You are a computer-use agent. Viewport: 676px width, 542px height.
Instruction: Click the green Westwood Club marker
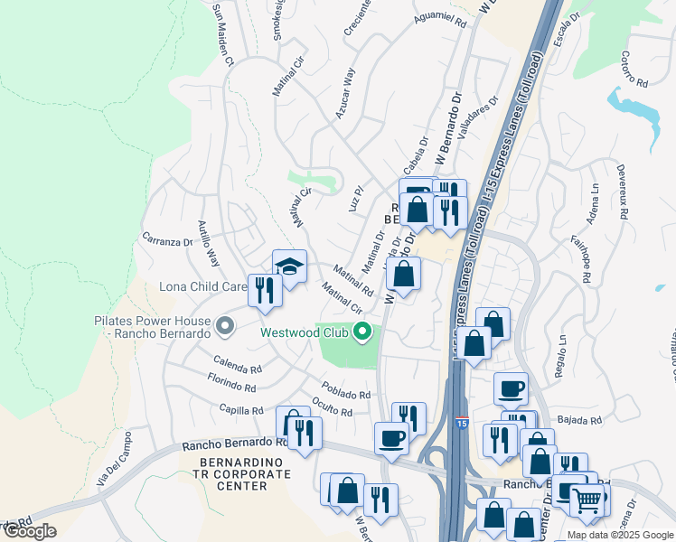363,332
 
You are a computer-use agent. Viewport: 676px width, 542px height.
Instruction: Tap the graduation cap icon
289,266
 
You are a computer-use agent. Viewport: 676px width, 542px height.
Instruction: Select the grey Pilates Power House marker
222,322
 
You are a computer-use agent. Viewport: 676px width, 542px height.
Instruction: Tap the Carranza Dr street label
167,242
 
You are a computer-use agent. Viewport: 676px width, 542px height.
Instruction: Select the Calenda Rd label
239,367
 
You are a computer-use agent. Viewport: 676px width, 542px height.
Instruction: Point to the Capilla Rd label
240,409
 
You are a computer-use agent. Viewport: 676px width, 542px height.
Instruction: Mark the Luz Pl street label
355,199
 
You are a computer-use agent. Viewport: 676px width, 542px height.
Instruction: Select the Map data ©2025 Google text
620,535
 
